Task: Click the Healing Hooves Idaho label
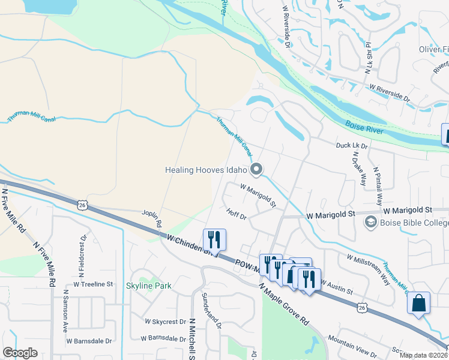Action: coord(206,170)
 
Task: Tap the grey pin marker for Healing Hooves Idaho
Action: coord(257,170)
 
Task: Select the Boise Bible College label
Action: coord(414,223)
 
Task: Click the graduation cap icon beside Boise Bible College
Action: coord(370,223)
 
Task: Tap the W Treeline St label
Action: coord(93,284)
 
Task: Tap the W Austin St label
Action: coord(336,286)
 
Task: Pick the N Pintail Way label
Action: coord(378,187)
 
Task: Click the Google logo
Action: coord(20,353)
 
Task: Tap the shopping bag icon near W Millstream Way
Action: coord(419,302)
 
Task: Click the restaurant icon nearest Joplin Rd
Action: coord(214,240)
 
